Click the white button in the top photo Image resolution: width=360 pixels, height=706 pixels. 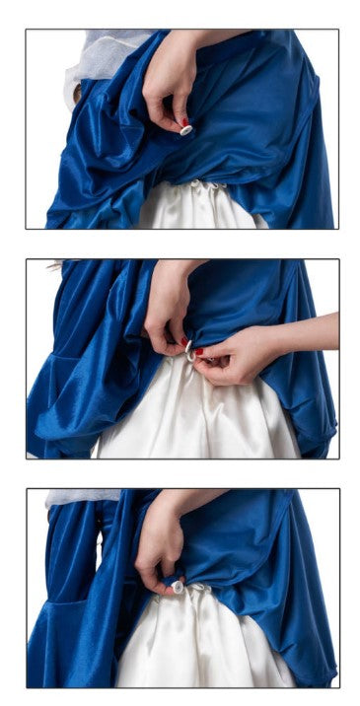186,130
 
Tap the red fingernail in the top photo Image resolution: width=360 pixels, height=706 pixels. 184,122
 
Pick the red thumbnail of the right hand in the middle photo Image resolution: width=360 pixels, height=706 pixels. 199,351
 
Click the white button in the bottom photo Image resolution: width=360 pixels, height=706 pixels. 178,586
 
